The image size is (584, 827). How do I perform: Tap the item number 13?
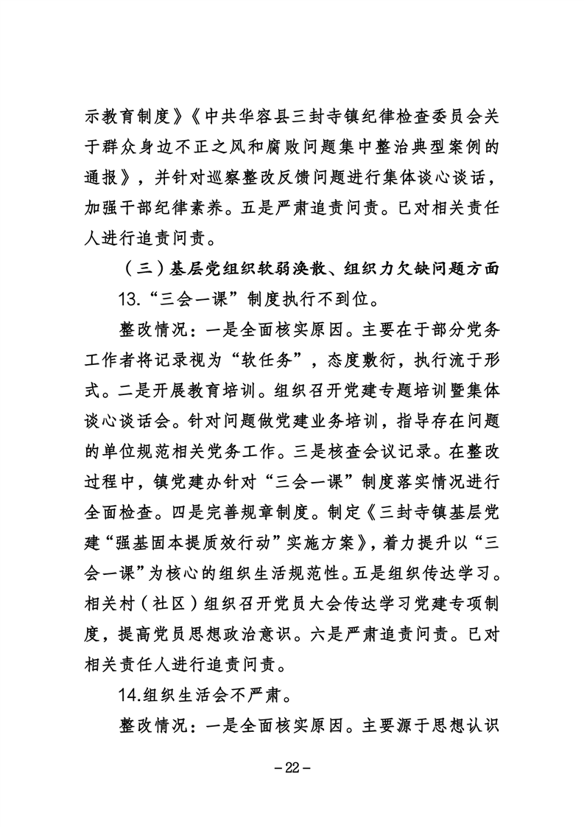coord(130,301)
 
